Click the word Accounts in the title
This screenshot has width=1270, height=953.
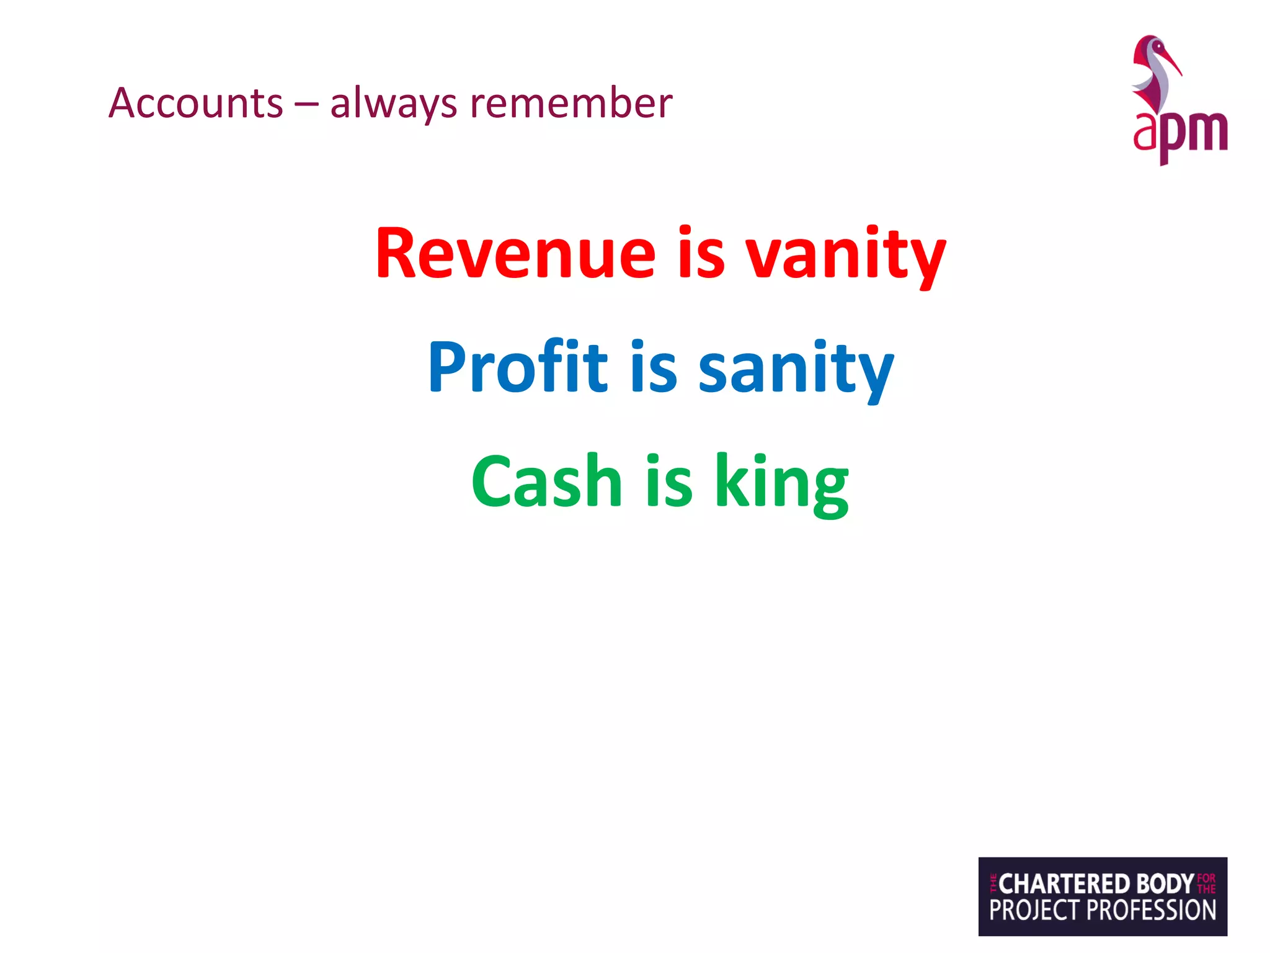[x=196, y=103]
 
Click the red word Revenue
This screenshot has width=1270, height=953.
[x=515, y=254]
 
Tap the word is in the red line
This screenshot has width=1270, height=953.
[x=701, y=254]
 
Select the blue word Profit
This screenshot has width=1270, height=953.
[x=518, y=367]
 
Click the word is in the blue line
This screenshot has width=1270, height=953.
[x=654, y=367]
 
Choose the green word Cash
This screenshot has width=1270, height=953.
[x=546, y=481]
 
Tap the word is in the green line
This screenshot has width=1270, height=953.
[x=668, y=481]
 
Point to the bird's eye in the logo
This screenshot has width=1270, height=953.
[x=1155, y=45]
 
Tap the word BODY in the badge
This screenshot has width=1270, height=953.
[x=1165, y=884]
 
